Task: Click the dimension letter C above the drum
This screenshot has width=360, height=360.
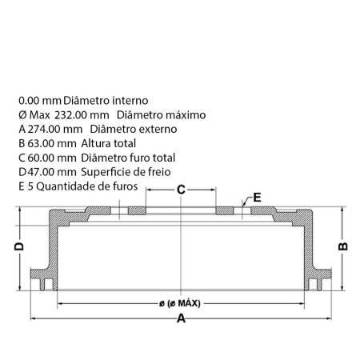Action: (181, 190)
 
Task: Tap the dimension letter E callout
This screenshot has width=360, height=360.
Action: (257, 198)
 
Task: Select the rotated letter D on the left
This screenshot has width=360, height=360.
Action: (19, 246)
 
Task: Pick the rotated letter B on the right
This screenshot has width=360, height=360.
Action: (343, 246)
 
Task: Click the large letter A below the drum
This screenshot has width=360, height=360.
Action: (181, 318)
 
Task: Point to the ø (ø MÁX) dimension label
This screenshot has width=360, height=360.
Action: (180, 303)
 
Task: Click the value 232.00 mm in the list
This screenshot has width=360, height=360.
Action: (82, 115)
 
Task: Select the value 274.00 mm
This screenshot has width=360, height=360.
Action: (55, 129)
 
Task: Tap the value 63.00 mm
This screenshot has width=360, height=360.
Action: (52, 143)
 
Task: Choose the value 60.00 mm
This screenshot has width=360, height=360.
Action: (52, 158)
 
